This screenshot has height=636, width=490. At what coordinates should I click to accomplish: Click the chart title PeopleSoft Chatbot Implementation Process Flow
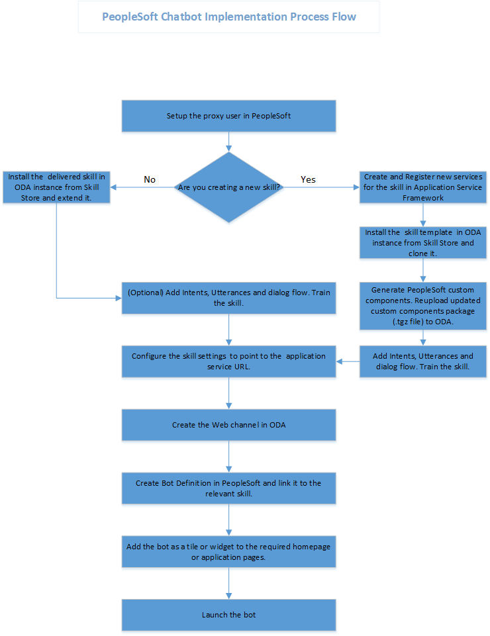(228, 17)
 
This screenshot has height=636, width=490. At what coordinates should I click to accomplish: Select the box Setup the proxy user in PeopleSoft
(228, 116)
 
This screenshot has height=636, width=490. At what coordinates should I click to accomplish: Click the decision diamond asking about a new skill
(228, 188)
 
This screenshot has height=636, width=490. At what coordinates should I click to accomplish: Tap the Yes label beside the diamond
(308, 179)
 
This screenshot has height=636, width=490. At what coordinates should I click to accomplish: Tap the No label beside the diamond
(150, 179)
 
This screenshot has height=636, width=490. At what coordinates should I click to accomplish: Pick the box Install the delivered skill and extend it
(56, 187)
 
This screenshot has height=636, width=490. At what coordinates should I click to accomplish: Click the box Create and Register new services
(423, 187)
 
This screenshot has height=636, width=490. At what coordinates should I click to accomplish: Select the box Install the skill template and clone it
(423, 243)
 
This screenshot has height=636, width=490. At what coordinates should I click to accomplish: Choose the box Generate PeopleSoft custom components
(423, 306)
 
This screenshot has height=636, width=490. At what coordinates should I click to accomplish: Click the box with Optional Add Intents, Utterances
(228, 297)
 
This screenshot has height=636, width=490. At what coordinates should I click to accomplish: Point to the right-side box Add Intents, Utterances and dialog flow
(423, 361)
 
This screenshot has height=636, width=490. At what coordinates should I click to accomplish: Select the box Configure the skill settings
(228, 361)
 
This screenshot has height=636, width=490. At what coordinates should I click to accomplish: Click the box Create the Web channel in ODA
(228, 425)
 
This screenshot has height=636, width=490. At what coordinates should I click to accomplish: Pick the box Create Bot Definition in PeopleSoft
(228, 488)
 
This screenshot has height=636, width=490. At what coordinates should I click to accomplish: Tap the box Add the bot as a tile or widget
(228, 551)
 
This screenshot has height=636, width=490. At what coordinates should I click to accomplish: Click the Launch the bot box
(228, 615)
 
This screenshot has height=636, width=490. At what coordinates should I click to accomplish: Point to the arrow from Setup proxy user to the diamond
(228, 141)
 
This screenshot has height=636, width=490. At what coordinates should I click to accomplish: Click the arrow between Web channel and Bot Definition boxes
(228, 457)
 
